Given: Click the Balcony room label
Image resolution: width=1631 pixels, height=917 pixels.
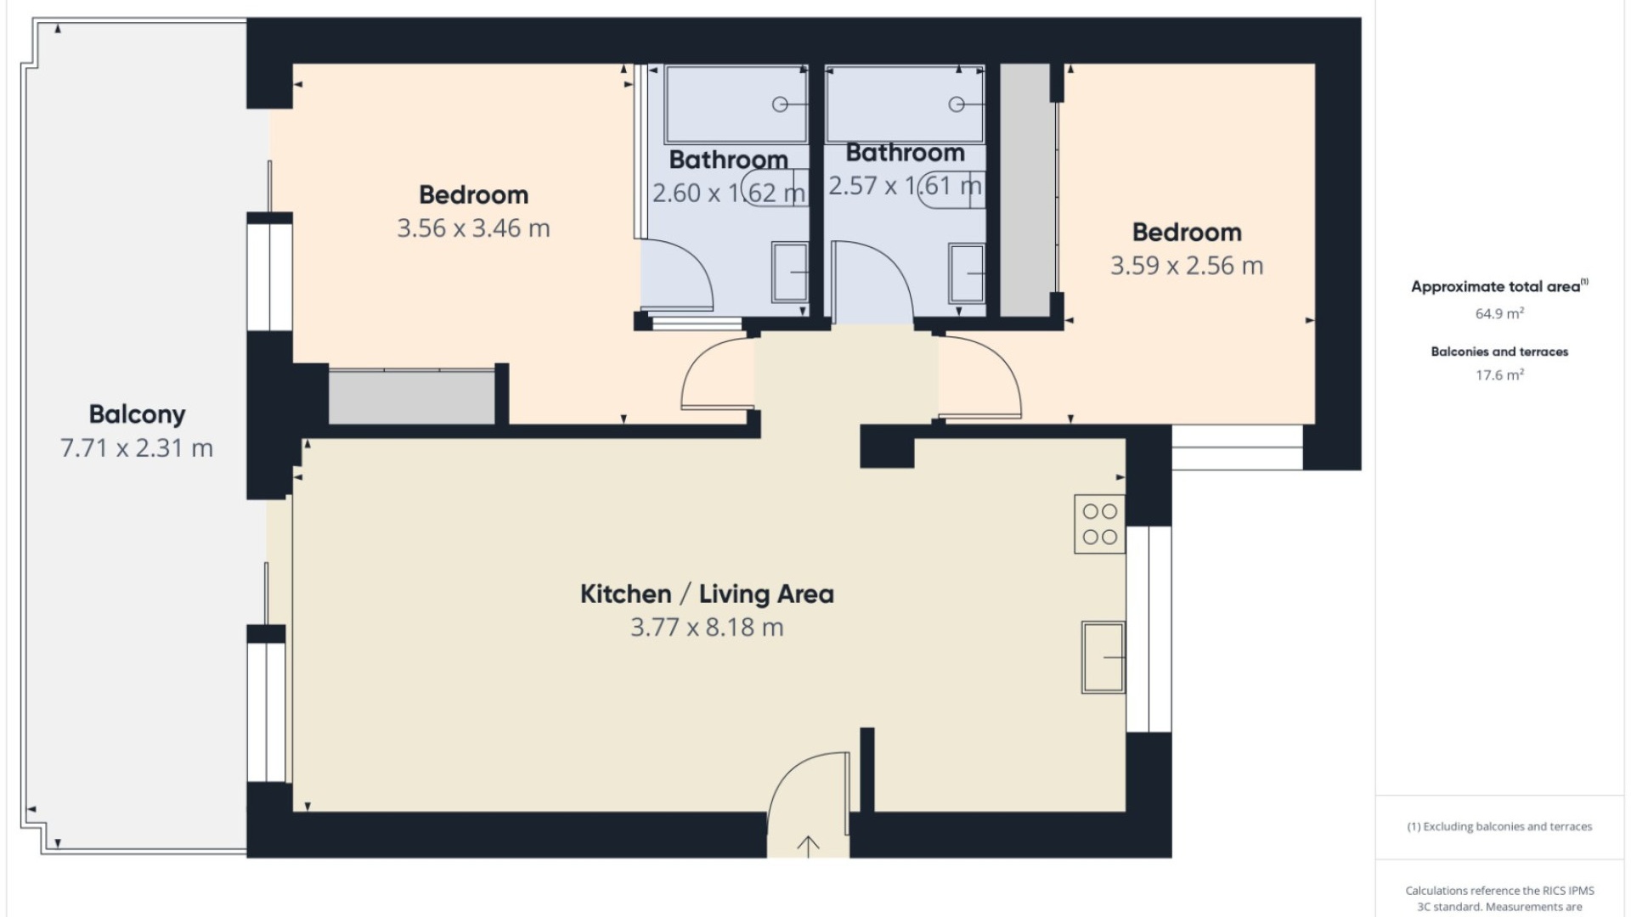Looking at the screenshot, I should tap(137, 414).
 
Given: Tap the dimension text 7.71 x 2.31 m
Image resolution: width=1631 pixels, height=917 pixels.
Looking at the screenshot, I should tap(137, 448).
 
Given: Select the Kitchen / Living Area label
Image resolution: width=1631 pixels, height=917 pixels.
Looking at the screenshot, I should tap(707, 594).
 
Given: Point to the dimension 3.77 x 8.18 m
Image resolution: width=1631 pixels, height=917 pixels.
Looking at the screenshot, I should tap(707, 627).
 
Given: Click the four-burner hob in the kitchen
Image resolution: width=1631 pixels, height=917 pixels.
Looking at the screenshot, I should tap(1099, 524).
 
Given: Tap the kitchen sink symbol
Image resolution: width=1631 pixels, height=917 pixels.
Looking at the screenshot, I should tap(1103, 657).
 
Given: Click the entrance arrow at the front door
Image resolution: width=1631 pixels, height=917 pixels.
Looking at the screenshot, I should tap(808, 845).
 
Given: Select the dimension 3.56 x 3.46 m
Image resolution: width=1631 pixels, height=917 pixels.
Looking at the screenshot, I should tap(473, 228).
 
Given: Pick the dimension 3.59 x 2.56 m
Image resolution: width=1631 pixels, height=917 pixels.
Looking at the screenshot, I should tap(1187, 266).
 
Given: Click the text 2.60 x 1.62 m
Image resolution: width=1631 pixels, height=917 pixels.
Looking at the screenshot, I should tap(728, 194).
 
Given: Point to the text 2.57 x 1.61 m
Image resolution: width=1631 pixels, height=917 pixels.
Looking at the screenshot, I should tap(905, 186).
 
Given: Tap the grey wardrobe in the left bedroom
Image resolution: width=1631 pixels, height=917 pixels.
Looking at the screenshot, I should tap(411, 397).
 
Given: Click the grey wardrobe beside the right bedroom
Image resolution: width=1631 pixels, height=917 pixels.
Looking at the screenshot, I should tap(1025, 190).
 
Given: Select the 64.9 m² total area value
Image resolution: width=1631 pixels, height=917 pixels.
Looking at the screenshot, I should tap(1499, 313).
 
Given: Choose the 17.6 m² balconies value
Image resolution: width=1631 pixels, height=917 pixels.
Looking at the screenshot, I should tap(1499, 374).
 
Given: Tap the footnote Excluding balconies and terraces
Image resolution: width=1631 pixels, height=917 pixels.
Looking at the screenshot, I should tap(1499, 826).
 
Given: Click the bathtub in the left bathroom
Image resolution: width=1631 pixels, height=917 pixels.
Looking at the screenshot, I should tap(736, 104).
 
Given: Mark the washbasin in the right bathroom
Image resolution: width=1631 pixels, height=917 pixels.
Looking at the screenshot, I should tap(966, 273).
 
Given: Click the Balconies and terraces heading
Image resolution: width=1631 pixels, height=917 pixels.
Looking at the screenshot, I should tap(1499, 352).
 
